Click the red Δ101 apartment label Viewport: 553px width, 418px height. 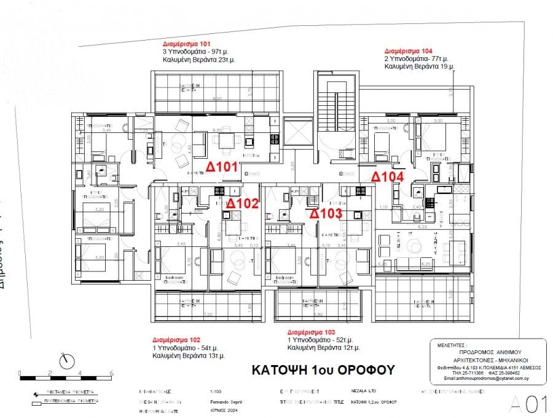tap(221, 166)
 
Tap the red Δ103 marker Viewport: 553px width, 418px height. tap(325, 214)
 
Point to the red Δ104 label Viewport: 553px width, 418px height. tap(388, 177)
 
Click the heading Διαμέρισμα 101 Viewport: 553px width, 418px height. tap(186, 45)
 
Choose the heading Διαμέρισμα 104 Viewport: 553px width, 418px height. tap(408, 50)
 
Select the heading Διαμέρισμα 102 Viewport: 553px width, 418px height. tap(176, 340)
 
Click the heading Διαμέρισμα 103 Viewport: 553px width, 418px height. tap(311, 331)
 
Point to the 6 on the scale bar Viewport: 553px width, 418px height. tap(111, 373)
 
